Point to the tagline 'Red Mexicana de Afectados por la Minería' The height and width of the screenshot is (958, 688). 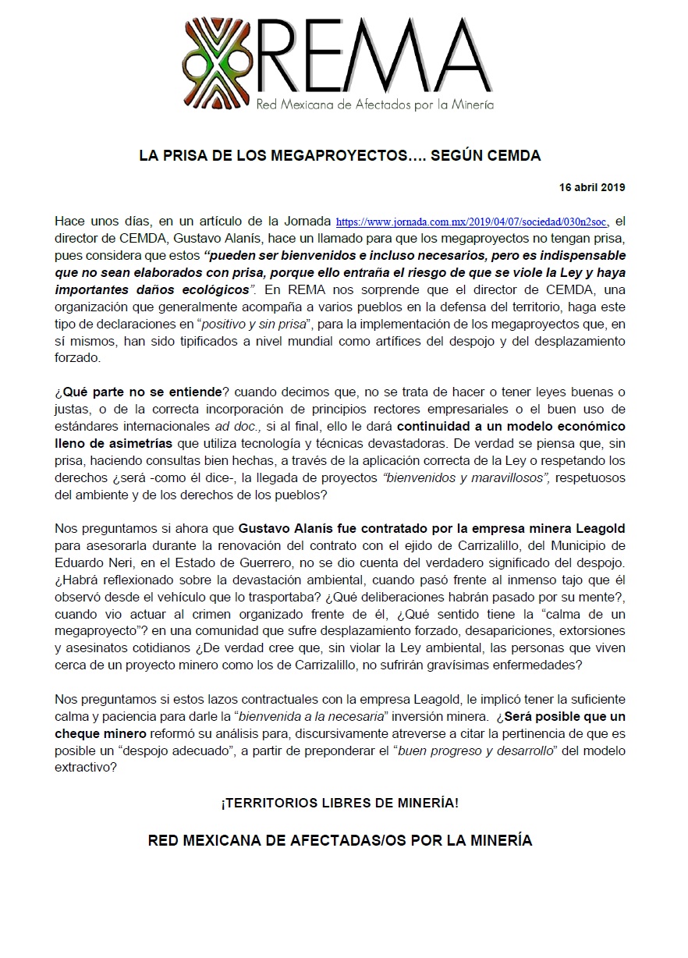pyautogui.click(x=375, y=105)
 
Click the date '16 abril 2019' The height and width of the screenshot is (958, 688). pyautogui.click(x=592, y=188)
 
